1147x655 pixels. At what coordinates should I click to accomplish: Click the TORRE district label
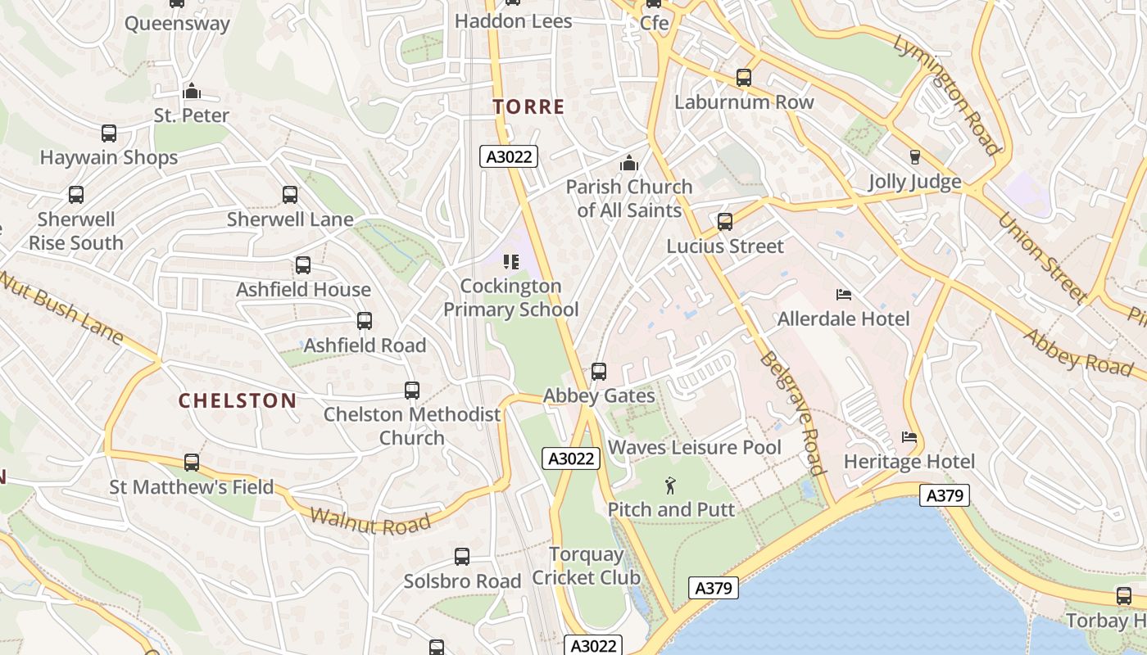pyautogui.click(x=528, y=106)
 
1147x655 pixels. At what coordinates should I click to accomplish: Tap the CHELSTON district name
pyautogui.click(x=238, y=400)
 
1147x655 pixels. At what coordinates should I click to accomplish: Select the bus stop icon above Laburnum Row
pyautogui.click(x=744, y=78)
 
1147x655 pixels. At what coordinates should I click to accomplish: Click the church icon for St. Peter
pyautogui.click(x=192, y=91)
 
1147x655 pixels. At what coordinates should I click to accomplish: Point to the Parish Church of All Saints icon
pyautogui.click(x=629, y=163)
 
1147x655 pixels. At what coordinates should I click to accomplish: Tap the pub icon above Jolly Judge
pyautogui.click(x=915, y=156)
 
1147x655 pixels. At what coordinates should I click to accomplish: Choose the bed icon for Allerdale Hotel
pyautogui.click(x=844, y=294)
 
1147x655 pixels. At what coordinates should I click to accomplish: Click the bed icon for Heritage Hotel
pyautogui.click(x=909, y=437)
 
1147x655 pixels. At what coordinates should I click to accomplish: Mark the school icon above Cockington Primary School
pyautogui.click(x=511, y=262)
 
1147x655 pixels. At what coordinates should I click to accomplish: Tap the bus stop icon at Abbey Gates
pyautogui.click(x=599, y=372)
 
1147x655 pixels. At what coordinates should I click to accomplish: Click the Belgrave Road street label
pyautogui.click(x=791, y=413)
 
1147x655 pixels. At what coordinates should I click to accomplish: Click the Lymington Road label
pyautogui.click(x=947, y=94)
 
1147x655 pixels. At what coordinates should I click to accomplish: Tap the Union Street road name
pyautogui.click(x=1041, y=256)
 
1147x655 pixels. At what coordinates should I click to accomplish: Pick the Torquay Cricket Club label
pyautogui.click(x=586, y=566)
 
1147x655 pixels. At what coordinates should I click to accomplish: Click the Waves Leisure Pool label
pyautogui.click(x=695, y=448)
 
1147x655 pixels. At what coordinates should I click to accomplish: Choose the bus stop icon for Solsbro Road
pyautogui.click(x=462, y=557)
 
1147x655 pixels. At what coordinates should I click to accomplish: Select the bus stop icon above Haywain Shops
pyautogui.click(x=109, y=133)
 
